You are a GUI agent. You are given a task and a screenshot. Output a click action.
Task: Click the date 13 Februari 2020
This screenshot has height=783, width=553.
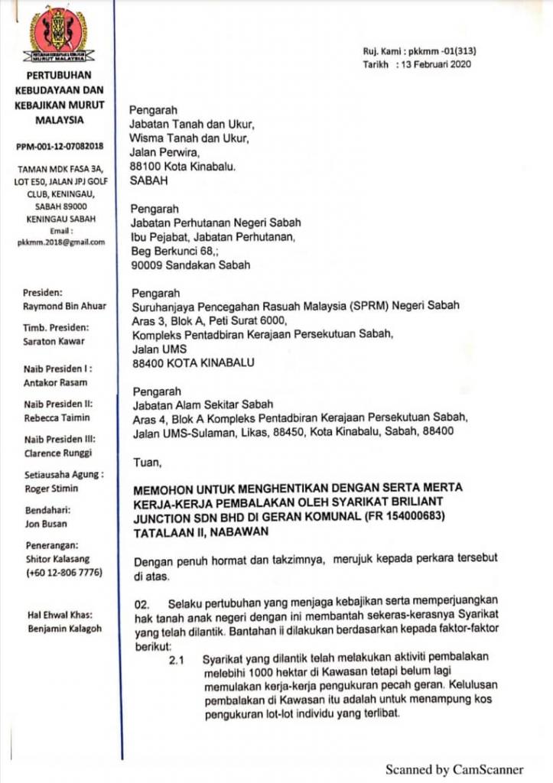click(434, 64)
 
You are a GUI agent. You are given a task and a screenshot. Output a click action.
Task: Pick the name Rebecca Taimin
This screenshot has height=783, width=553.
click(56, 417)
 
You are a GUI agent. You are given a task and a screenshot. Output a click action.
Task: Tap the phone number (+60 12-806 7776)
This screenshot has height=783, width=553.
click(60, 573)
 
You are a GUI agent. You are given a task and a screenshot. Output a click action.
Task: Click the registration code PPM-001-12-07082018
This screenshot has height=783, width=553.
click(60, 145)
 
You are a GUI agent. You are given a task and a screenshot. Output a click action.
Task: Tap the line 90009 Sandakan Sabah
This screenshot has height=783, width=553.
click(191, 266)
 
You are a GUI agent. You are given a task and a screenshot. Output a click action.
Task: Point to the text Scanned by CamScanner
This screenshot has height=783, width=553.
click(454, 768)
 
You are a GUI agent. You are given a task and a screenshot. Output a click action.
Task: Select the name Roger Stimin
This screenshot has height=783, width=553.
click(51, 488)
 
